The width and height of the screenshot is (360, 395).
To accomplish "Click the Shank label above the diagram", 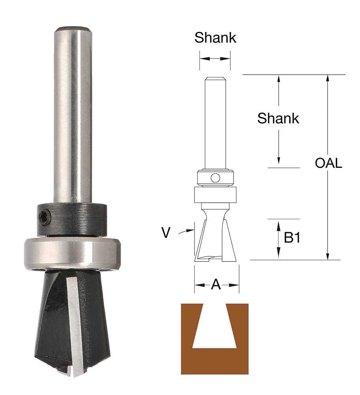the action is pyautogui.click(x=215, y=38).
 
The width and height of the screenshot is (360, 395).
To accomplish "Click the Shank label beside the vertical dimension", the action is pyautogui.click(x=278, y=118).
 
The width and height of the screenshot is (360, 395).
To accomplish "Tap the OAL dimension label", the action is pyautogui.click(x=328, y=163).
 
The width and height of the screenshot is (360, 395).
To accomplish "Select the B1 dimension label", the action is pyautogui.click(x=292, y=237).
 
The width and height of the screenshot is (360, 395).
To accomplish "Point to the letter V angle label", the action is pyautogui.click(x=166, y=233).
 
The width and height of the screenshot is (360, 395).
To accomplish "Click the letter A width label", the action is pyautogui.click(x=216, y=285).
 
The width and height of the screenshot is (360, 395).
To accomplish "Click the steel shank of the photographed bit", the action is pyautogui.click(x=73, y=113).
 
